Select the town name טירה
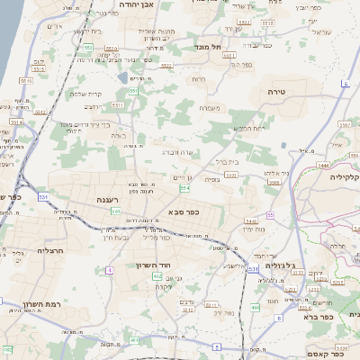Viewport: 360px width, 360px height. point(275,93)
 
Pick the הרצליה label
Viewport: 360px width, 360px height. point(49,251)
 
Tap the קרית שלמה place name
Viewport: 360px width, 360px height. point(88,94)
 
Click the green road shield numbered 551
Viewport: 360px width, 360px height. point(132,91)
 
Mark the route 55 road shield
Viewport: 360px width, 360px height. point(270,215)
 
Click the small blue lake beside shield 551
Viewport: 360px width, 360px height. point(122,78)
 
